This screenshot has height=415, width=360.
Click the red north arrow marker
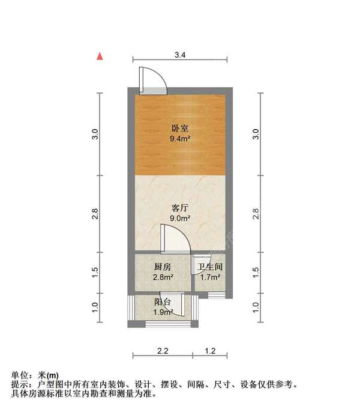point(101,56)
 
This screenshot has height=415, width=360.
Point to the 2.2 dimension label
point(163,350)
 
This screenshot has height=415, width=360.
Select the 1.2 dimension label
point(210,350)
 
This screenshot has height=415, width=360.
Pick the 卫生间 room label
point(210,267)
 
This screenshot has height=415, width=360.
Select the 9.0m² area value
point(180,219)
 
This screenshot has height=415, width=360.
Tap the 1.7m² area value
point(210,277)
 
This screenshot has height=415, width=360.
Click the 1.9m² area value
point(163,312)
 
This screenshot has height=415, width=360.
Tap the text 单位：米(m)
point(35,375)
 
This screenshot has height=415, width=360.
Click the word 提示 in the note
point(20,384)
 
